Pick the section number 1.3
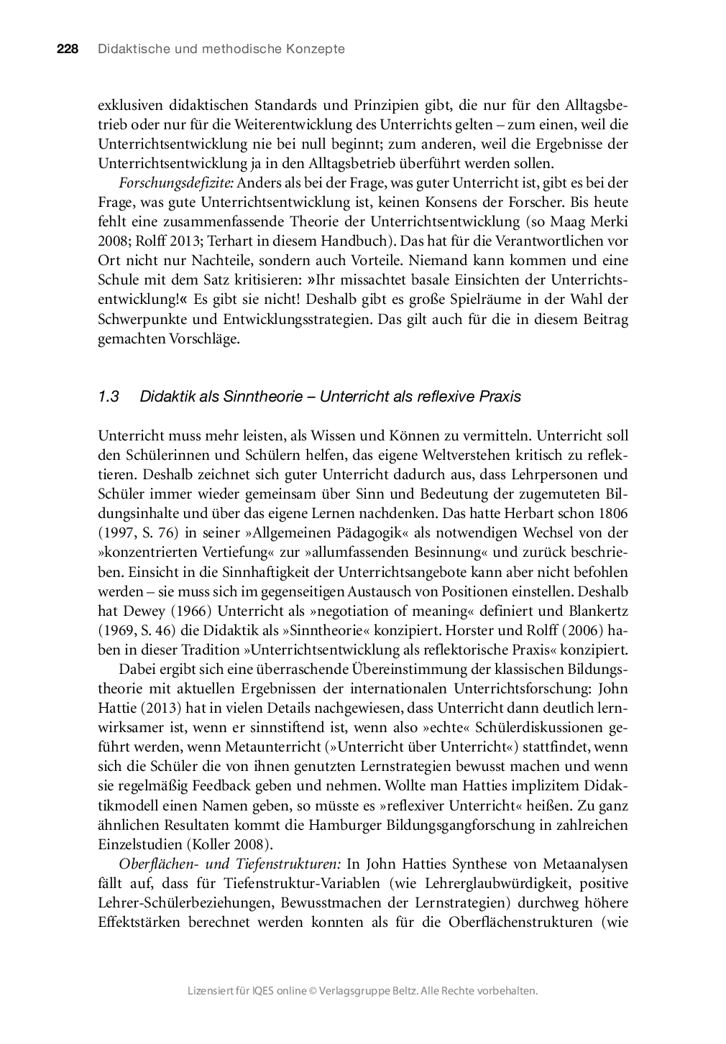(108, 397)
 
